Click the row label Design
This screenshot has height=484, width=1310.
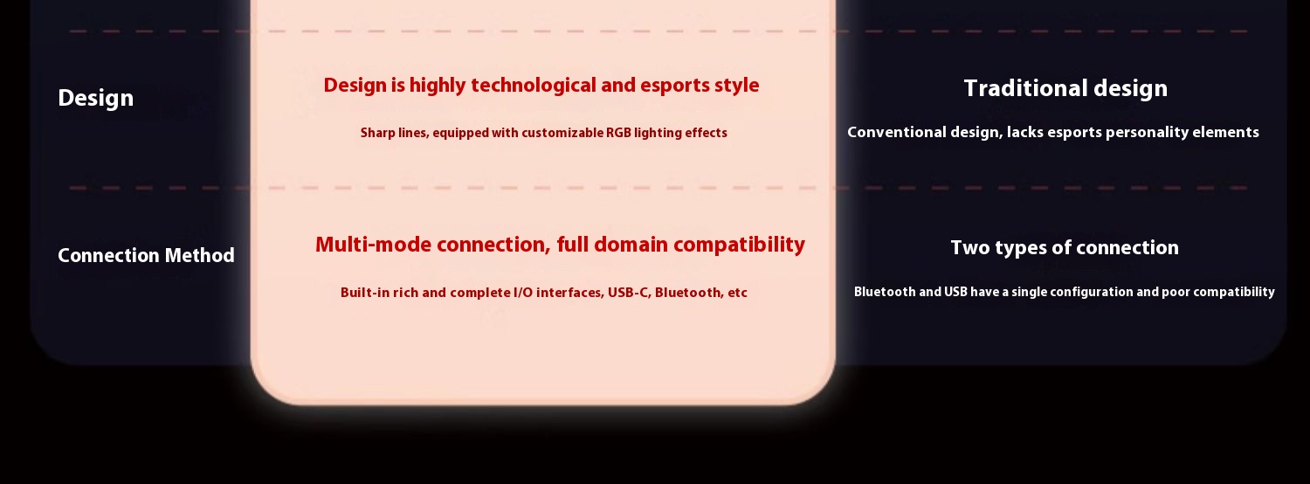pyautogui.click(x=96, y=99)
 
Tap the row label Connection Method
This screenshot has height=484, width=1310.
pyautogui.click(x=146, y=255)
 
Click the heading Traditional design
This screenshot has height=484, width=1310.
pyautogui.click(x=1065, y=88)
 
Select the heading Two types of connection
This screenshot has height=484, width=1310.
pyautogui.click(x=1065, y=247)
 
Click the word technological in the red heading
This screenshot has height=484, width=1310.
pyautogui.click(x=534, y=86)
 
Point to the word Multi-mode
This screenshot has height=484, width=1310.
pyautogui.click(x=373, y=245)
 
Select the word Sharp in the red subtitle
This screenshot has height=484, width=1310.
pyautogui.click(x=377, y=134)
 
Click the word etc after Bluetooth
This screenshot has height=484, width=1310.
pyautogui.click(x=737, y=293)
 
